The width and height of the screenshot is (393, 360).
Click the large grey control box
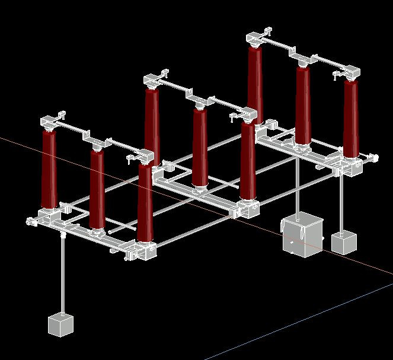tap(302, 235)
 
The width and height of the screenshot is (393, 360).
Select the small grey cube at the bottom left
tap(60, 324)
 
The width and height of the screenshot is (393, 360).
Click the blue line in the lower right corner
tap(296, 320)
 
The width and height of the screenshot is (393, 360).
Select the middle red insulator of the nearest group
tap(97, 188)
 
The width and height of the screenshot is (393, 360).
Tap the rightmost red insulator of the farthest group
tap(351, 119)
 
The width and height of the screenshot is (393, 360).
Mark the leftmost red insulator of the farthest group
tap(255, 83)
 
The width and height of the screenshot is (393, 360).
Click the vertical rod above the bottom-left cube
tap(62, 273)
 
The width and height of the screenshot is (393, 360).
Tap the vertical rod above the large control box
tap(296, 184)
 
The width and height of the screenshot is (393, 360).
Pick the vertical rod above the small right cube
tap(341, 202)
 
